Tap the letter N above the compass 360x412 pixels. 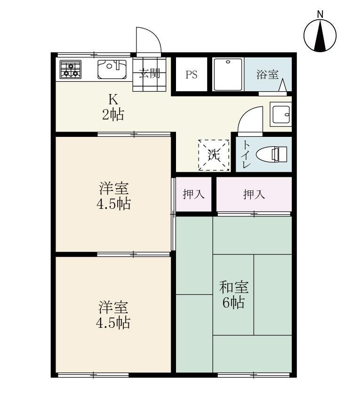pos(320,14)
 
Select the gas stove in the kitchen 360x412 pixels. pos(70,70)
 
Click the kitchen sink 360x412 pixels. pos(112,70)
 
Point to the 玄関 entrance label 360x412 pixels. pos(150,73)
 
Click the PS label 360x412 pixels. pos(191,75)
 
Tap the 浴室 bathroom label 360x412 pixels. pos(267,74)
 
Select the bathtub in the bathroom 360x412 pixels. pos(228,74)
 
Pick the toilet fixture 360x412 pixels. pos(270,154)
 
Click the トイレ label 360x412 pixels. pos(246,154)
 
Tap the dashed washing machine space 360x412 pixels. pos(213,155)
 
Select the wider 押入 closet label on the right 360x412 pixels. pos(254,194)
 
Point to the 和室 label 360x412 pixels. pos(234,286)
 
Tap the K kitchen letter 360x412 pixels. pos(113,99)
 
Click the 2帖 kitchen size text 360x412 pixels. pos(113,114)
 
